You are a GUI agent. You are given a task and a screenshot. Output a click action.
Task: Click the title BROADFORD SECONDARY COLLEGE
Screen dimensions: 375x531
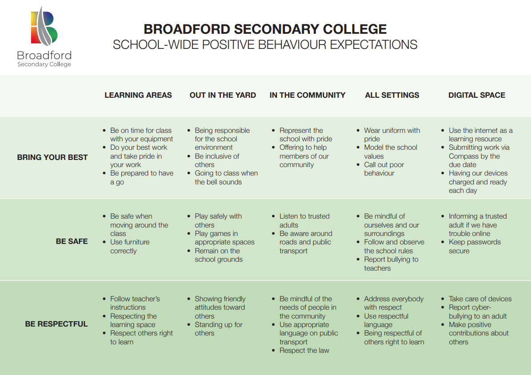click(265, 29)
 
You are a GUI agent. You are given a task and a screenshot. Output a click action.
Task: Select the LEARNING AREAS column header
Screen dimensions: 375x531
click(138, 95)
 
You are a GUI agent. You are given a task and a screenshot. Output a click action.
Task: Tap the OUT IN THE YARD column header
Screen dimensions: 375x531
click(223, 95)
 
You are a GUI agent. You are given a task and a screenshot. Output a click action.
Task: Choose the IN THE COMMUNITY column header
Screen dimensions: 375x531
click(307, 95)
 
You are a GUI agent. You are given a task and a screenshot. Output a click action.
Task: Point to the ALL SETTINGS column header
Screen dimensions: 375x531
click(392, 95)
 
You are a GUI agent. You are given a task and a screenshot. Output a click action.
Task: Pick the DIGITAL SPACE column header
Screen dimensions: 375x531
click(476, 95)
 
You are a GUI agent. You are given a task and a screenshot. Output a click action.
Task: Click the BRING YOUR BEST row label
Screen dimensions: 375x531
click(52, 157)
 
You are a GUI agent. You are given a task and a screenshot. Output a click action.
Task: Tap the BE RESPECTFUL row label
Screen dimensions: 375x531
click(56, 324)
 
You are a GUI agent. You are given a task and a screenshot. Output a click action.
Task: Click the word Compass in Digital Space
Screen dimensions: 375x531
click(464, 156)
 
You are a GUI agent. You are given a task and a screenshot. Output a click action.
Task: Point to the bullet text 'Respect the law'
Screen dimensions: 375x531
click(304, 351)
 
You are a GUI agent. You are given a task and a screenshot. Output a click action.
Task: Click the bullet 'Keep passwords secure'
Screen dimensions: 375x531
click(474, 247)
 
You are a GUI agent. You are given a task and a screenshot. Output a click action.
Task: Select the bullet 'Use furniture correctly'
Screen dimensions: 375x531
click(130, 247)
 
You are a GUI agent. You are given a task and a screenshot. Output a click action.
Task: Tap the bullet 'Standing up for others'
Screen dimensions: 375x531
click(218, 329)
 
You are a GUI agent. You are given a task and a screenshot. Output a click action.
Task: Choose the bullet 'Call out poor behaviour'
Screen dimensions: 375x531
click(384, 169)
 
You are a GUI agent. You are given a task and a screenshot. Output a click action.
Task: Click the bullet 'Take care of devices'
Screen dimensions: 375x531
click(480, 299)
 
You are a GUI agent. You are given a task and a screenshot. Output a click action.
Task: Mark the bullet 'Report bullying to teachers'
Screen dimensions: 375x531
click(391, 263)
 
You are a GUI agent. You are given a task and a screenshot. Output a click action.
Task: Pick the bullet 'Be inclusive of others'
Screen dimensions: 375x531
click(217, 160)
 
